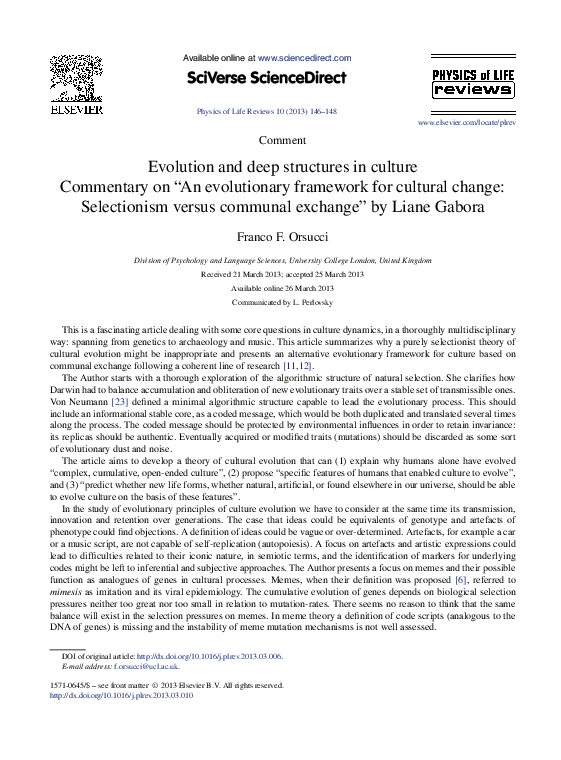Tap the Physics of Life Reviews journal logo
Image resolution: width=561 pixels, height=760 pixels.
click(473, 82)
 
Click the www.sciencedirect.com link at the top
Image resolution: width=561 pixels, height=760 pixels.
click(304, 59)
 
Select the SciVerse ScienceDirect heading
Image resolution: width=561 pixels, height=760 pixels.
click(266, 78)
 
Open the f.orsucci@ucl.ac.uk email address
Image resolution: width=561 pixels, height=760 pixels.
click(146, 665)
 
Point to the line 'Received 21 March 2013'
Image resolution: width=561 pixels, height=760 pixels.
click(282, 273)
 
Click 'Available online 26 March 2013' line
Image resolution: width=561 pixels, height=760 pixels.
click(282, 287)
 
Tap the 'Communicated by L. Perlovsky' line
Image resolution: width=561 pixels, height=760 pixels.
click(282, 301)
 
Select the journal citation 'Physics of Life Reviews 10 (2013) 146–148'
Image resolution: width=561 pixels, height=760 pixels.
click(267, 112)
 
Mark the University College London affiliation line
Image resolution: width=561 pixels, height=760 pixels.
click(283, 260)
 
